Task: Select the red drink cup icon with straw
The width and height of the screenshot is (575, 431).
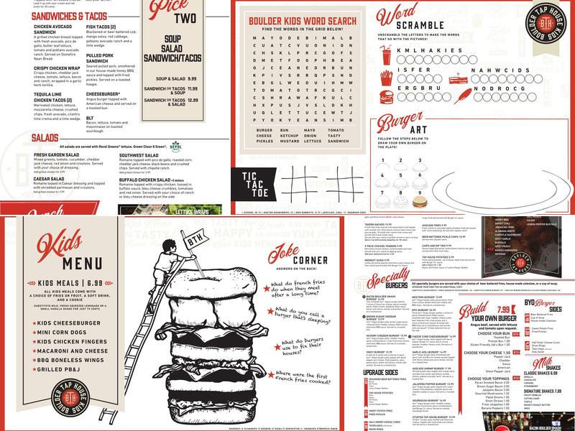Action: pyautogui.click(x=387, y=54)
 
